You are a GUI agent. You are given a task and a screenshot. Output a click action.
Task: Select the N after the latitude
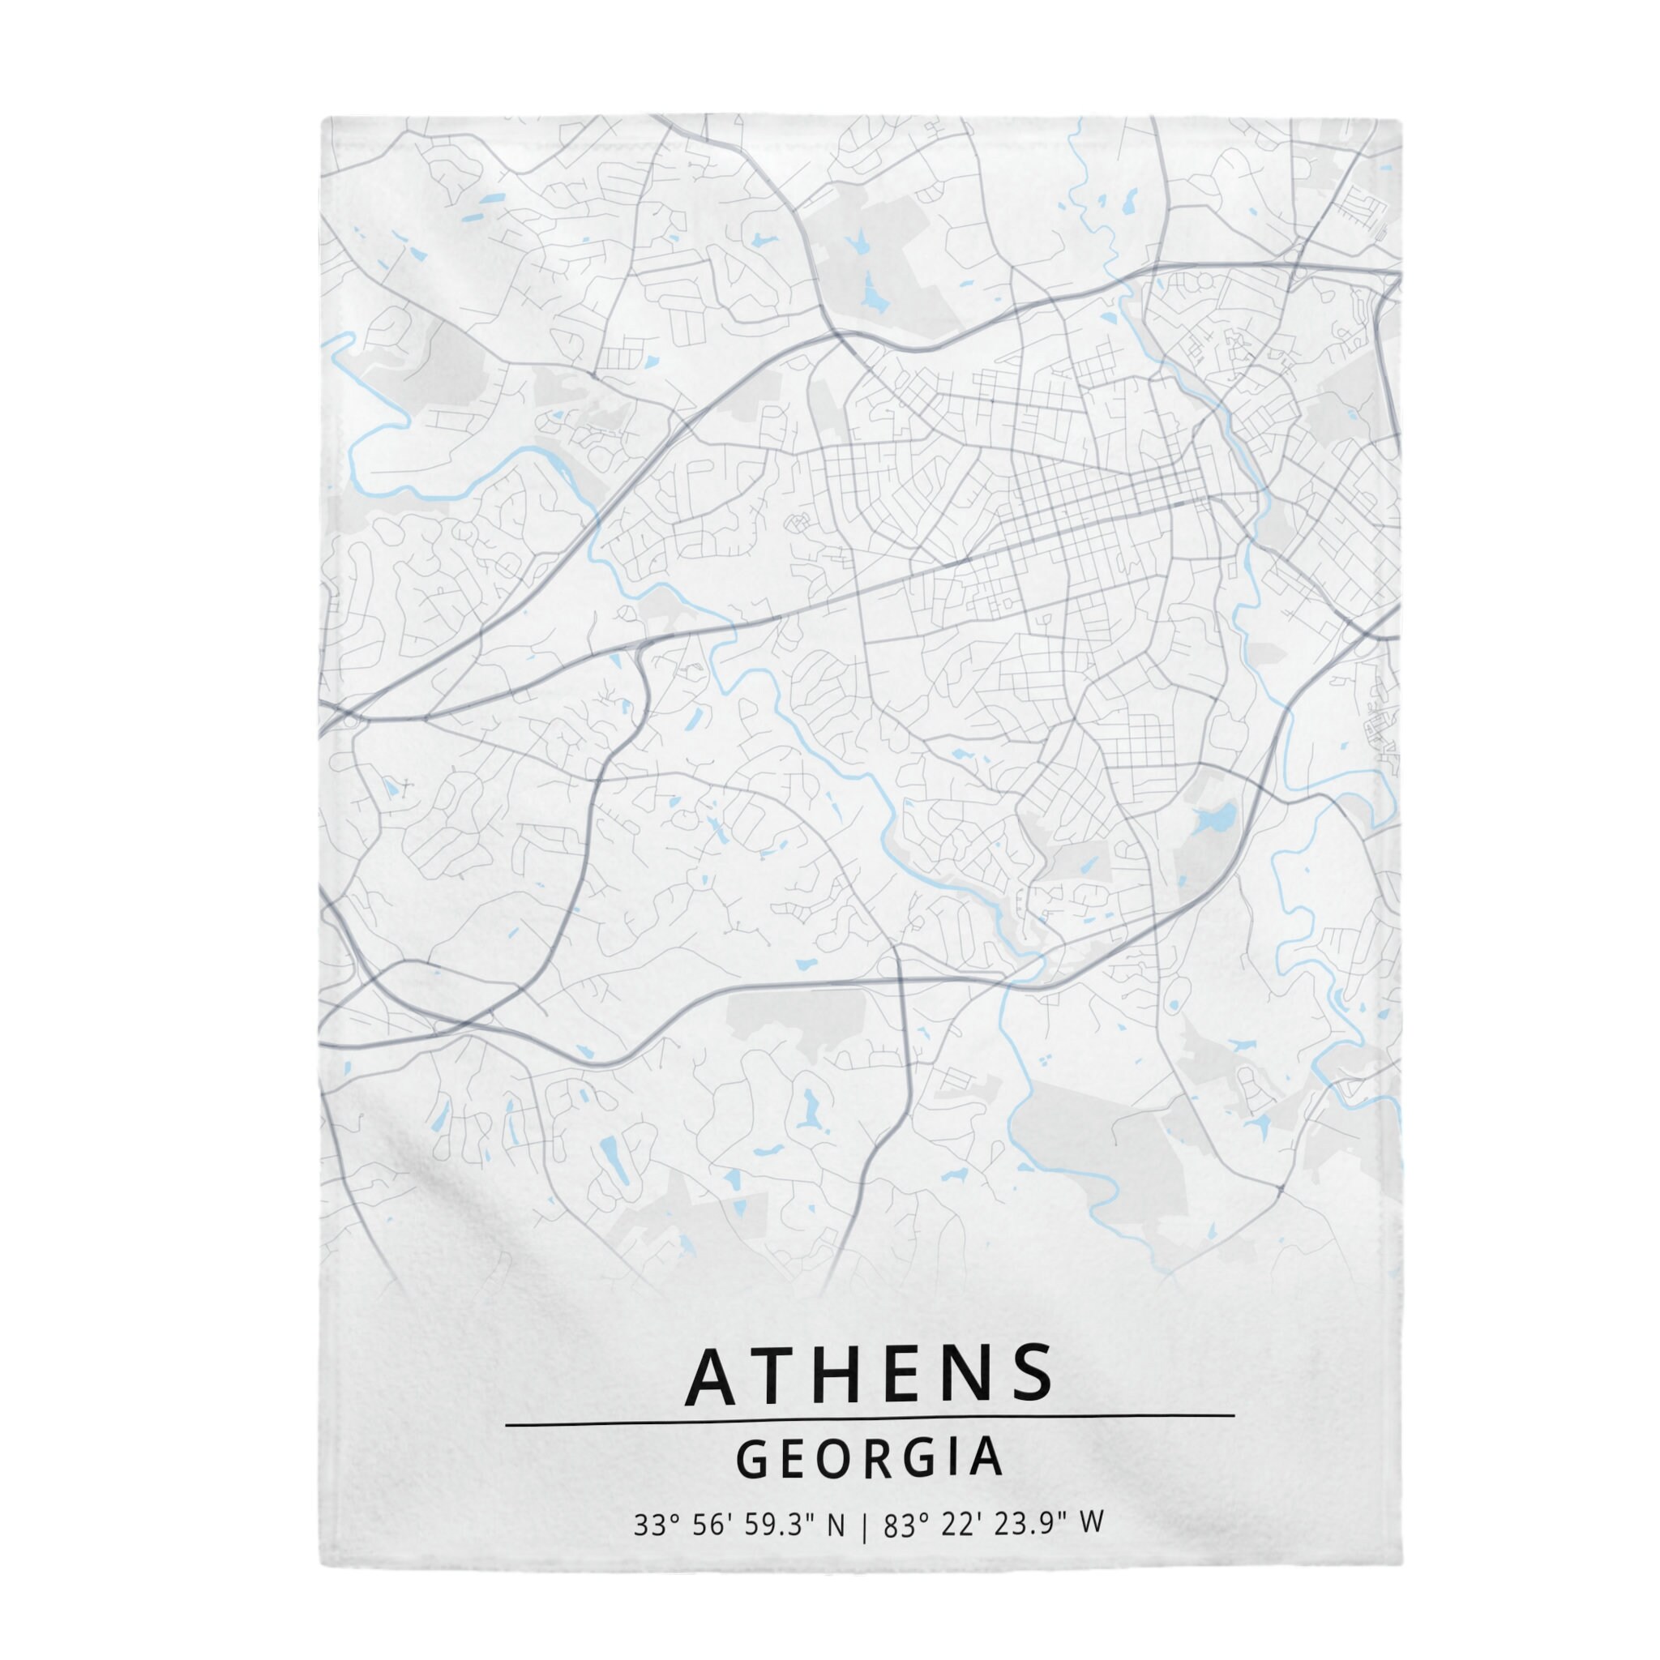835,1525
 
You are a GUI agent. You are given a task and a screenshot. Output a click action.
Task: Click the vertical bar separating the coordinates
863,1525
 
